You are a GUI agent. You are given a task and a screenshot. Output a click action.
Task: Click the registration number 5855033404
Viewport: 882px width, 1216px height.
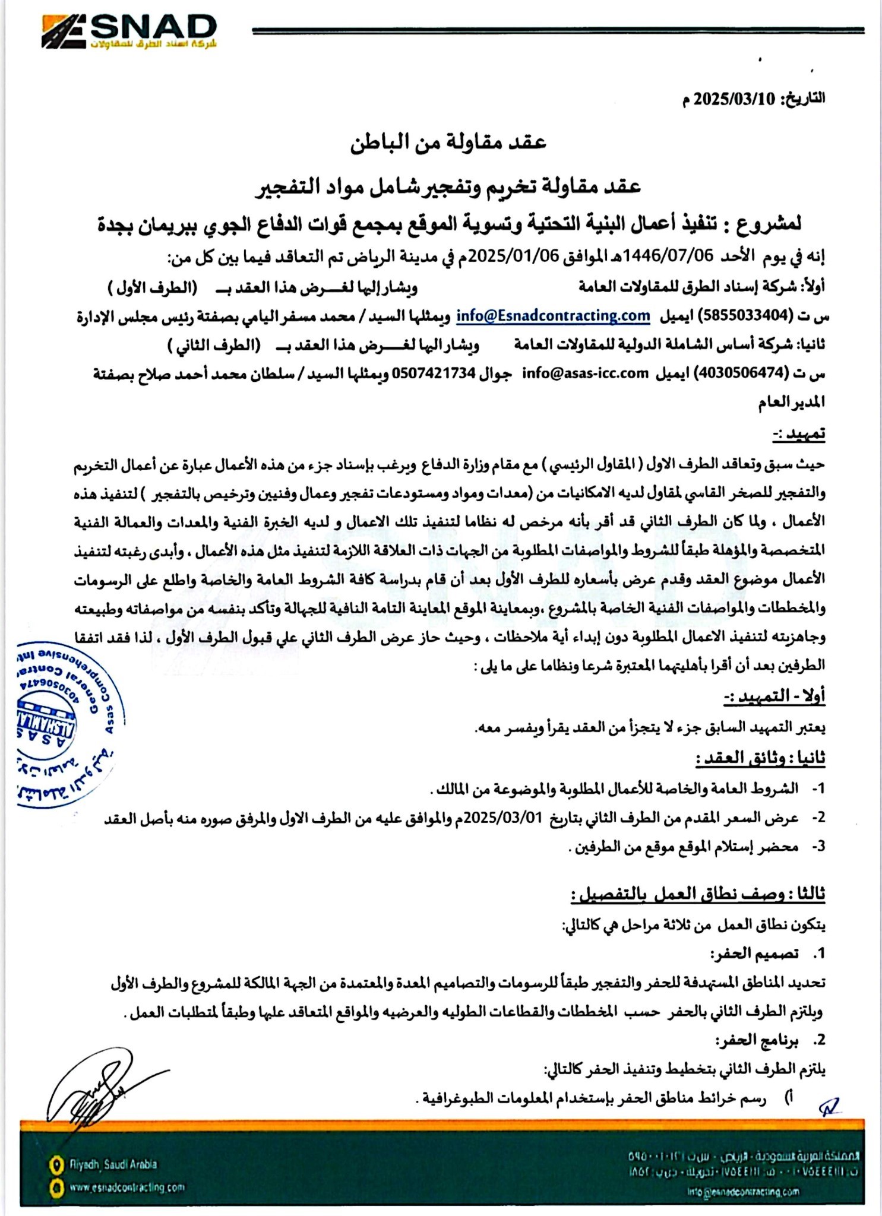742,316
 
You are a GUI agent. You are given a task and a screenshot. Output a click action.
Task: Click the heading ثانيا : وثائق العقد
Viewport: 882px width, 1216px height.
761,758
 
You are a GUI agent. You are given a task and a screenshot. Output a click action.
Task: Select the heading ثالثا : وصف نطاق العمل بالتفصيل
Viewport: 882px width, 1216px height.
698,895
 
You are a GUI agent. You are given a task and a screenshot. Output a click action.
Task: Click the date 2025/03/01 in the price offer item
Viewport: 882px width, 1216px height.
511,818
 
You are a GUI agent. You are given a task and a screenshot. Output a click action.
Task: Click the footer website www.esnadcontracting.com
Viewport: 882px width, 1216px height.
127,1187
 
